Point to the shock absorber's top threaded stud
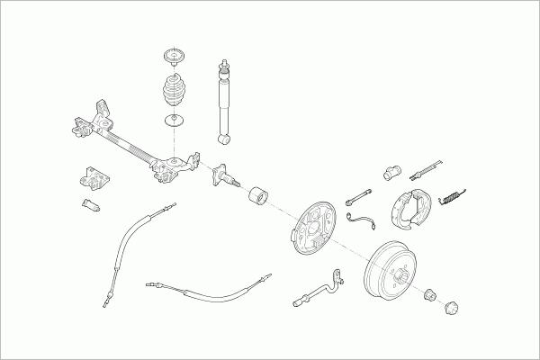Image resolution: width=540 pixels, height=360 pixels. [221, 66]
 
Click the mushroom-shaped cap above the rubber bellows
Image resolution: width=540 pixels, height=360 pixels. [170, 57]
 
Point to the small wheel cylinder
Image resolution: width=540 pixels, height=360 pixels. [391, 170]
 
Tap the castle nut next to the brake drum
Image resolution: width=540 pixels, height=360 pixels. [430, 292]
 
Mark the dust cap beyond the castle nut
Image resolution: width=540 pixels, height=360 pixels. [453, 309]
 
